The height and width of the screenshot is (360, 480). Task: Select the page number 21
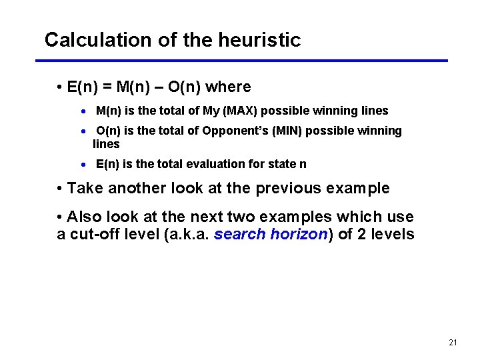(x=453, y=343)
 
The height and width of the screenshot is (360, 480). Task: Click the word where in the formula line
(x=228, y=87)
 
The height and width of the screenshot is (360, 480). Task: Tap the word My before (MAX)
(x=221, y=111)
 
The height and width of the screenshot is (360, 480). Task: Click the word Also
(x=84, y=217)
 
